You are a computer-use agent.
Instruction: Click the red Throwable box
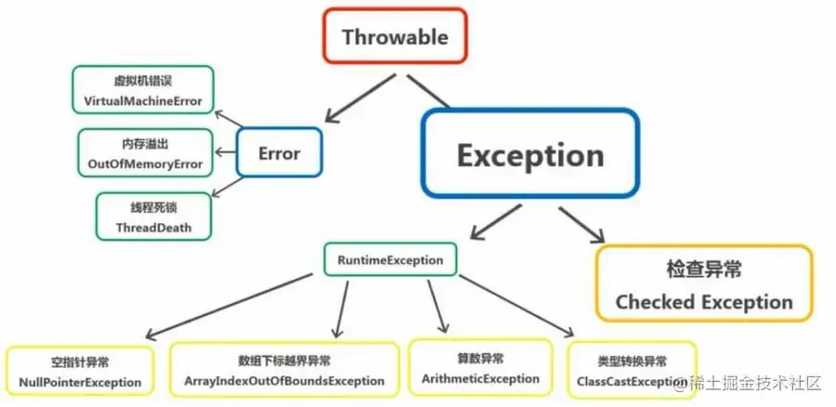pyautogui.click(x=395, y=37)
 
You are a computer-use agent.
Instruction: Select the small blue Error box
pyautogui.click(x=279, y=151)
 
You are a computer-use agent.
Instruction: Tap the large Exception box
pyautogui.click(x=530, y=154)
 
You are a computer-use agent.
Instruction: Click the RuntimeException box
pyautogui.click(x=390, y=259)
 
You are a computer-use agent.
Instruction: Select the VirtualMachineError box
pyautogui.click(x=141, y=90)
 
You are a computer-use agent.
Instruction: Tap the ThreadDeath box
pyautogui.click(x=153, y=216)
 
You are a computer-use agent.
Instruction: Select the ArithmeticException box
pyautogui.click(x=480, y=368)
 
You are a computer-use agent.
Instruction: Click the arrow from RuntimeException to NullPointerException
pyautogui.click(x=228, y=306)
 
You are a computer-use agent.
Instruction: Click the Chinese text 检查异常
pyautogui.click(x=704, y=269)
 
